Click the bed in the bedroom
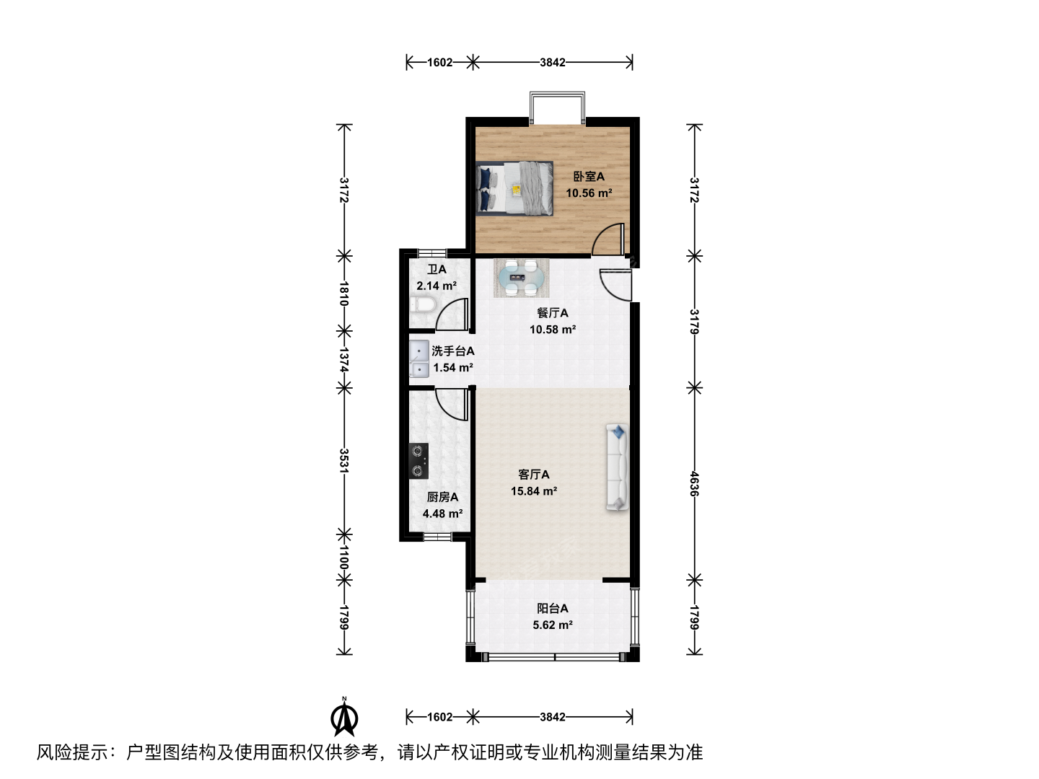tap(514, 188)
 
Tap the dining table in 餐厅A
tap(521, 278)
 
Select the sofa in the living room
tap(617, 467)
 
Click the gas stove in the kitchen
tap(418, 461)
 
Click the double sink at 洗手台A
tap(419, 358)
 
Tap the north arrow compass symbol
tap(344, 718)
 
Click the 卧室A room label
tap(588, 177)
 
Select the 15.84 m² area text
tap(533, 491)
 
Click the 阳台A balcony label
tap(552, 608)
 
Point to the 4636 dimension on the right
tap(694, 483)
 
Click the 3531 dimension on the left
tap(344, 461)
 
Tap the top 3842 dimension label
tap(553, 63)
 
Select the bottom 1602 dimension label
tap(439, 717)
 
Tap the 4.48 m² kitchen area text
tap(442, 513)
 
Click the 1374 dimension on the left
tap(344, 360)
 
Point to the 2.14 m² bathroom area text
tap(436, 286)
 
